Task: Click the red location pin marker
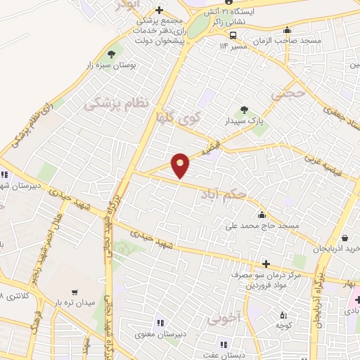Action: [181, 165]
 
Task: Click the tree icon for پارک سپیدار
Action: [244, 110]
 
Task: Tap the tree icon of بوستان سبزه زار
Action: [112, 54]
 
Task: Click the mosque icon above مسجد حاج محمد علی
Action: [262, 214]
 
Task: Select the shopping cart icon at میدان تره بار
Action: [75, 292]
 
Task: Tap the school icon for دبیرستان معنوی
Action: [160, 323]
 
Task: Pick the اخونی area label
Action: [224, 318]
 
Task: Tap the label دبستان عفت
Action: [231, 356]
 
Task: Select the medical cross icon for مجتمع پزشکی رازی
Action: [160, 10]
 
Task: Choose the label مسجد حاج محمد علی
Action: [272, 226]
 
